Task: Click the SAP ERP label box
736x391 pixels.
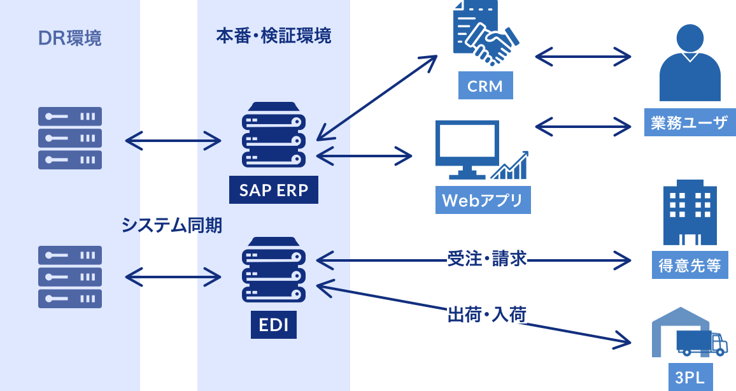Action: tap(274, 190)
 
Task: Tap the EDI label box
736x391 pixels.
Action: tap(274, 325)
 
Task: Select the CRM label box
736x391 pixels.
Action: tap(485, 86)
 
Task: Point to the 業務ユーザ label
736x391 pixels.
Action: tap(690, 122)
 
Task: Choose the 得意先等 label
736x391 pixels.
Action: tap(690, 265)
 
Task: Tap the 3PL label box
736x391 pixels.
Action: tap(690, 378)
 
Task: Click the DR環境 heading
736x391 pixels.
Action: tap(70, 39)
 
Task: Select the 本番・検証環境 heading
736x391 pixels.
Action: tap(274, 36)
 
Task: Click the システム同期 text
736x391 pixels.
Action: tap(172, 225)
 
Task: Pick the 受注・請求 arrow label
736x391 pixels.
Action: tap(487, 259)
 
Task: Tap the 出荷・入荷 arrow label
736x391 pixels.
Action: tap(487, 314)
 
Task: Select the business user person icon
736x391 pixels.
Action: tap(690, 64)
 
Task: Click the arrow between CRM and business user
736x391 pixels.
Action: tap(583, 57)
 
